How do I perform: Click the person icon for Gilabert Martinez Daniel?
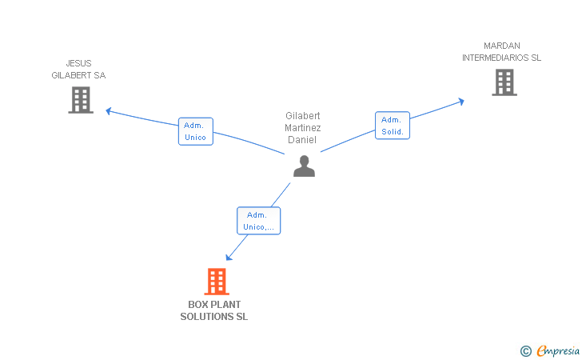pos(304,166)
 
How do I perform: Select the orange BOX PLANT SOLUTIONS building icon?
pos(217,282)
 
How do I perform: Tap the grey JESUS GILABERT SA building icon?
pos(81,100)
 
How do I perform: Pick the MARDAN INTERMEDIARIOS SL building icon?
pos(504,82)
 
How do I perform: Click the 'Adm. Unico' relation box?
pos(195,131)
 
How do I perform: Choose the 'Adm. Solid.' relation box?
pos(393,126)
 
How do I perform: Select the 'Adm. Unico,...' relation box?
pos(258,221)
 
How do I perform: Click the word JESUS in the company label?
pos(78,63)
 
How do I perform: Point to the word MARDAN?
pos(501,46)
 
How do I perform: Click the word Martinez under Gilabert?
pos(303,128)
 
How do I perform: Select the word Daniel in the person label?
pos(303,140)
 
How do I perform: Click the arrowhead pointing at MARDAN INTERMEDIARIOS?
pos(460,101)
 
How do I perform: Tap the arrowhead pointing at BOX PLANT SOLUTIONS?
pos(229,257)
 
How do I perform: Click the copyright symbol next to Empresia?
pos(525,350)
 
